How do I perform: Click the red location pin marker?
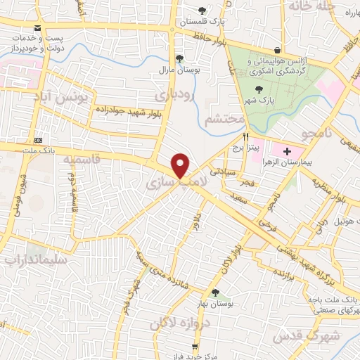click(x=181, y=165)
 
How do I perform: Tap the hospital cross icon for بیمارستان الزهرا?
click(x=287, y=150)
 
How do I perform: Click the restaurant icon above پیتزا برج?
click(x=246, y=136)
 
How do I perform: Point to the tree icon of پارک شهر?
click(x=259, y=89)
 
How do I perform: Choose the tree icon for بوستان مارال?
click(x=179, y=58)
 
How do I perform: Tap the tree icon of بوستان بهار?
click(x=214, y=292)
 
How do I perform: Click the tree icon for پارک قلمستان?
click(x=202, y=10)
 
